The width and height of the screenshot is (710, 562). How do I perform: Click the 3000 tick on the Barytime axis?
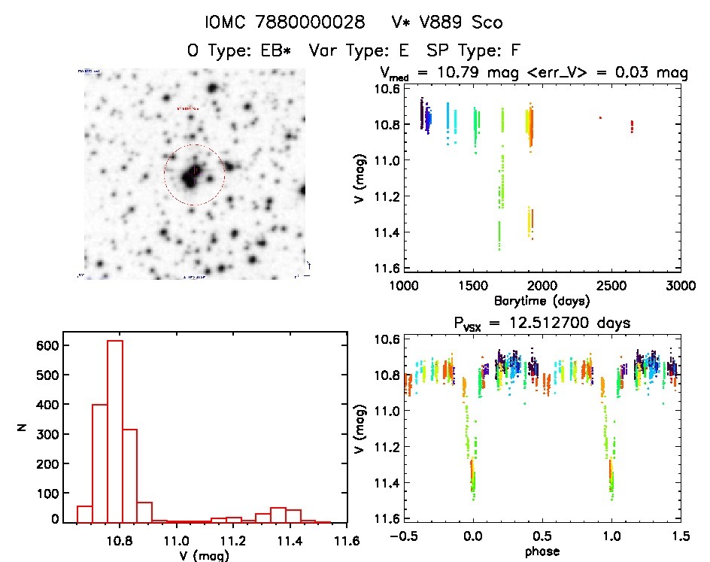681,285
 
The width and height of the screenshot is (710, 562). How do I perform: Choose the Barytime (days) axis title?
542,299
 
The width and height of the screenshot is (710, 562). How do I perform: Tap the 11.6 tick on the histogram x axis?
346,540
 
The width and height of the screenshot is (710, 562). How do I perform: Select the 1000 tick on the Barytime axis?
403,285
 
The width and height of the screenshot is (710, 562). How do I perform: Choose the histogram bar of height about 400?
100,463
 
